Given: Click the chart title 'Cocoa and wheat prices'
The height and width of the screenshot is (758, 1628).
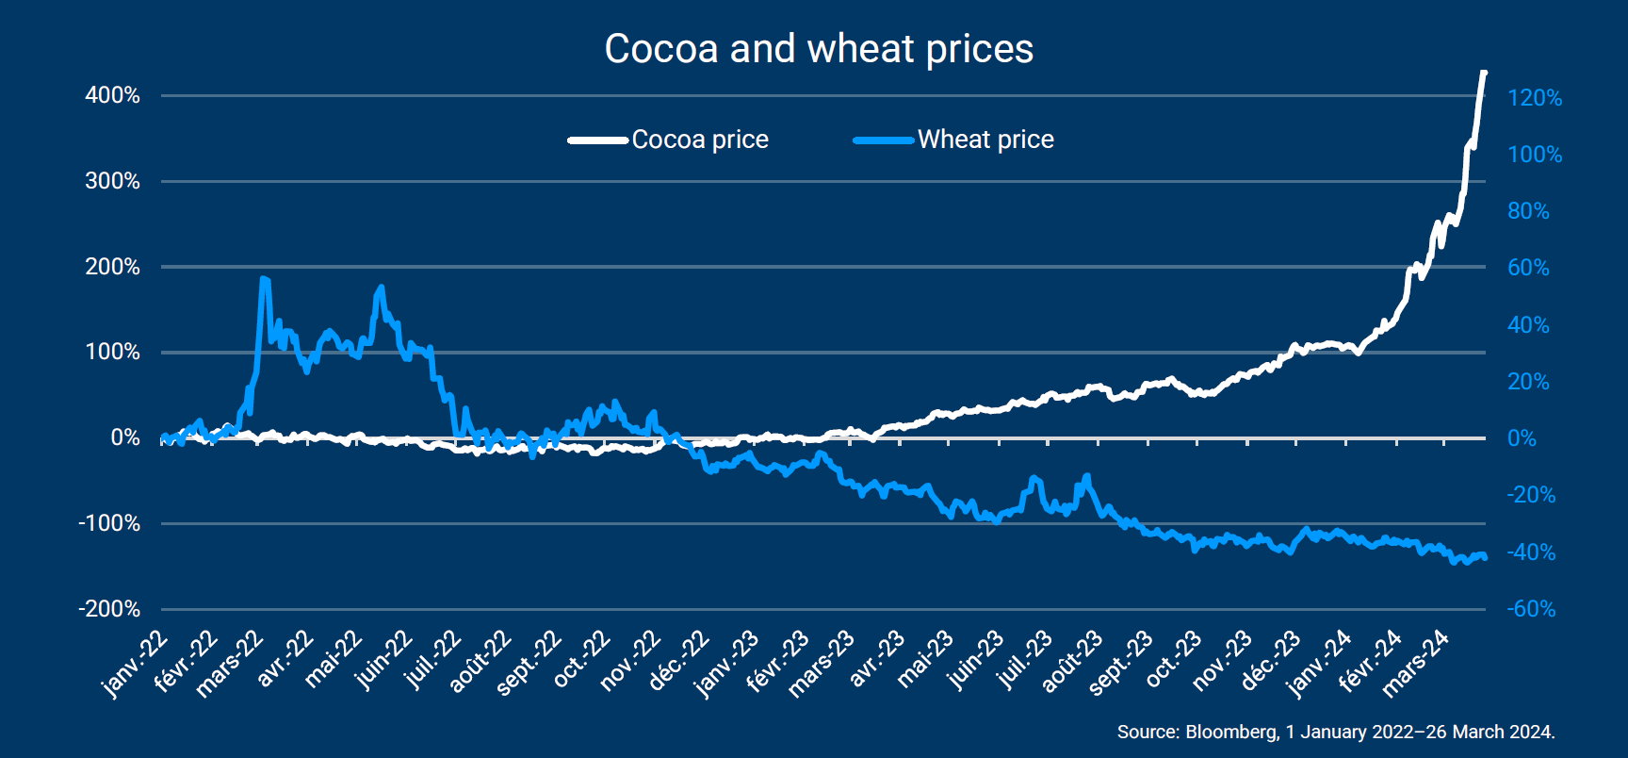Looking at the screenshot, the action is click(819, 49).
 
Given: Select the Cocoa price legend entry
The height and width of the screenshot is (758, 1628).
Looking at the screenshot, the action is click(669, 140).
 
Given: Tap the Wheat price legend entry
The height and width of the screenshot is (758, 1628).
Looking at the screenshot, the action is click(953, 140).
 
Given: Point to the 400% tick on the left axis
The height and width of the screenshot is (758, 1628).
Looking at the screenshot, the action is click(112, 95).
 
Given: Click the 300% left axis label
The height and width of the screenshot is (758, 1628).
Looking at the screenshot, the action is click(112, 181).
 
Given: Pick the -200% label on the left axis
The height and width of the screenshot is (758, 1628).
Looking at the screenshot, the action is click(109, 609).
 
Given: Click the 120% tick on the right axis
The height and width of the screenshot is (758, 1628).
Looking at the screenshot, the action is click(1535, 98).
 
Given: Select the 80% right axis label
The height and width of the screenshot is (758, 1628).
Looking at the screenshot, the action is click(1528, 211).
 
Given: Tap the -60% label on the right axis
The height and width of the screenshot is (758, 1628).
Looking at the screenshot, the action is click(1531, 609).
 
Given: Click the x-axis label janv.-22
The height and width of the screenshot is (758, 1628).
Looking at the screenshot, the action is click(135, 666).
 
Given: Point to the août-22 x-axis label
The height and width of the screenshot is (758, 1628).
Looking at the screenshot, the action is click(480, 662).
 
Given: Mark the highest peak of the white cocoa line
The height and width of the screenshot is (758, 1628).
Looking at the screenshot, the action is click(1484, 73).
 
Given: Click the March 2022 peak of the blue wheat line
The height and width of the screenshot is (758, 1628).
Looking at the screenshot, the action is click(264, 279).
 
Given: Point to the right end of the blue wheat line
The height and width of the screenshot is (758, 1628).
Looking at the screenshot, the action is click(1486, 558).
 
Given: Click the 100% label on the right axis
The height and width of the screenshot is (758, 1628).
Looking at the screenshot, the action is click(1535, 155).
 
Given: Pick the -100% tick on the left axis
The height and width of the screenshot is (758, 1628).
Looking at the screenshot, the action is click(109, 523).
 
